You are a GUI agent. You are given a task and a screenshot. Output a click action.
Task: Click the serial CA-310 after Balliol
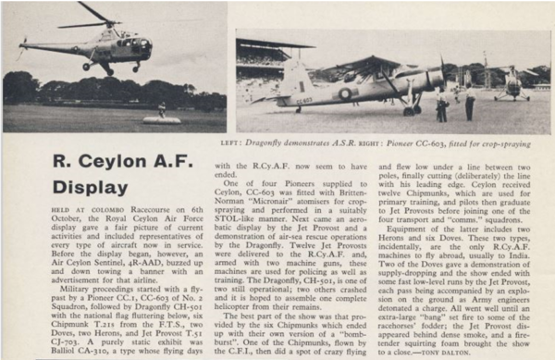pyautogui.click(x=87, y=352)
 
